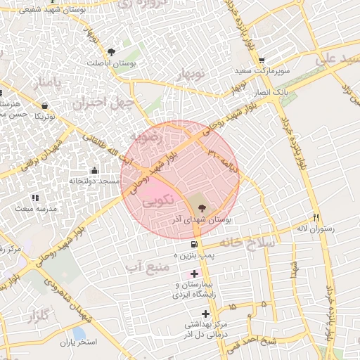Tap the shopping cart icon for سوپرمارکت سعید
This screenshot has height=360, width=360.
tap(262, 60)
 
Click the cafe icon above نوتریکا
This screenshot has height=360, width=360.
tap(45, 106)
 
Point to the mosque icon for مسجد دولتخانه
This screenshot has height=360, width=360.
tap(94, 170)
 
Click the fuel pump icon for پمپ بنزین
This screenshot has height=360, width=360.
tap(194, 243)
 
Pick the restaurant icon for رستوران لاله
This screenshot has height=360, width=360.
tap(316, 217)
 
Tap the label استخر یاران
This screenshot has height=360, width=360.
tap(77, 343)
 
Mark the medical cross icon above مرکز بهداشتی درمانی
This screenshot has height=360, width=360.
tap(205, 314)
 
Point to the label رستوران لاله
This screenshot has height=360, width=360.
tap(316, 229)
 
